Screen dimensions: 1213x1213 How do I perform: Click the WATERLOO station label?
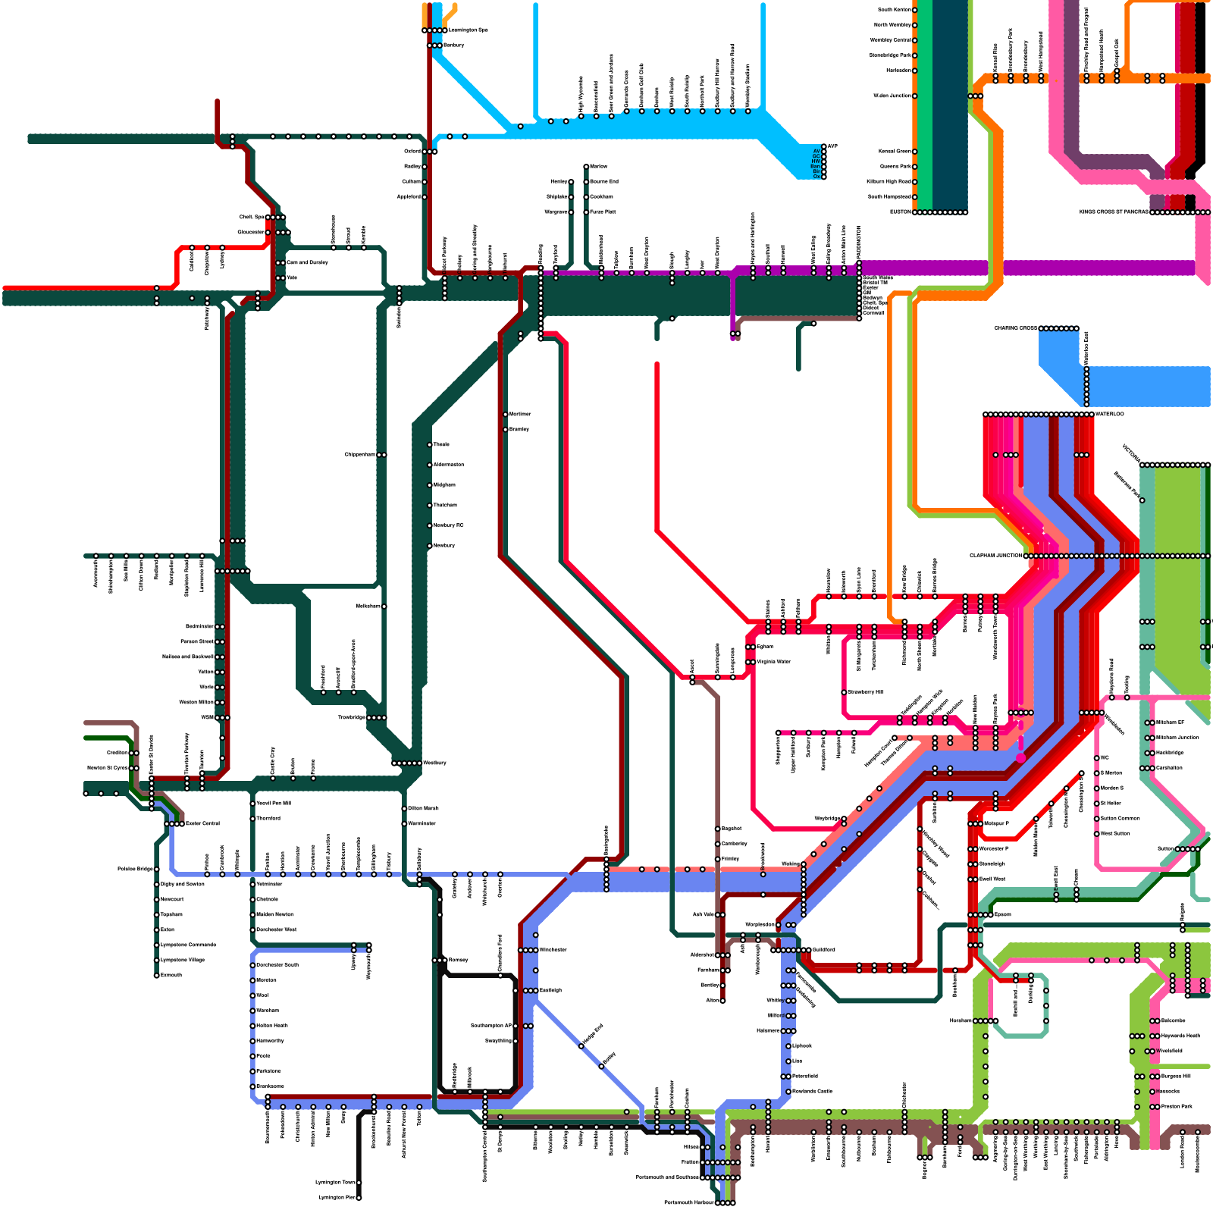point(1110,414)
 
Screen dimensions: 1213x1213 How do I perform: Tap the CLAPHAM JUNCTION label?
point(995,556)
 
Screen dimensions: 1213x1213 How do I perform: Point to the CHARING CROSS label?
point(1015,328)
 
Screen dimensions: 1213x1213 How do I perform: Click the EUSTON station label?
point(900,212)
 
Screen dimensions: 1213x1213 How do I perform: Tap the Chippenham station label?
point(359,454)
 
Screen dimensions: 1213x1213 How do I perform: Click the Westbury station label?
point(434,763)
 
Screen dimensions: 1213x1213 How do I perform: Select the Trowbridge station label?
point(351,717)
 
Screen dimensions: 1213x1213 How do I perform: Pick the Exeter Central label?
point(202,823)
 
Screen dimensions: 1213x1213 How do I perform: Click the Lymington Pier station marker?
point(359,1198)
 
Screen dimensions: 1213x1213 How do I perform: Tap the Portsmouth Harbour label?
point(688,1202)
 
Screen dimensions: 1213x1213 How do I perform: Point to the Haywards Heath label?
point(1180,1036)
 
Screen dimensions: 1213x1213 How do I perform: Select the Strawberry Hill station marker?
point(844,692)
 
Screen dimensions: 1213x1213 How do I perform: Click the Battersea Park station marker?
point(1142,500)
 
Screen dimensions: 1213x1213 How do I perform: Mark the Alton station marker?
point(722,1000)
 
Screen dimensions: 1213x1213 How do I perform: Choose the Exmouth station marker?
point(157,975)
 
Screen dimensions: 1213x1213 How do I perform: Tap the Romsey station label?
point(458,960)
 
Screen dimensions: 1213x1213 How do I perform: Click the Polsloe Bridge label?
point(135,869)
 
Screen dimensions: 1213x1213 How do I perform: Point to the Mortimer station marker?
point(506,414)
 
